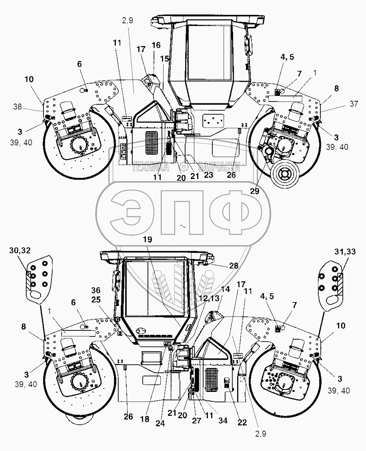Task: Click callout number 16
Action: pyautogui.click(x=156, y=45)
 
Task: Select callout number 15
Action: pyautogui.click(x=165, y=59)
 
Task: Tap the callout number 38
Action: pyautogui.click(x=17, y=106)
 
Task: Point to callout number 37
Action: pyautogui.click(x=354, y=104)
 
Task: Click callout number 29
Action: pyautogui.click(x=255, y=191)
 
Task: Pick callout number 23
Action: pyautogui.click(x=208, y=175)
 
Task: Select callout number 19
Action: pyautogui.click(x=147, y=239)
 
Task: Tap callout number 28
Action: pyautogui.click(x=234, y=266)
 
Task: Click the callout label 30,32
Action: pyautogui.click(x=20, y=250)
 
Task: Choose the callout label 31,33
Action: pyautogui.click(x=345, y=251)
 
